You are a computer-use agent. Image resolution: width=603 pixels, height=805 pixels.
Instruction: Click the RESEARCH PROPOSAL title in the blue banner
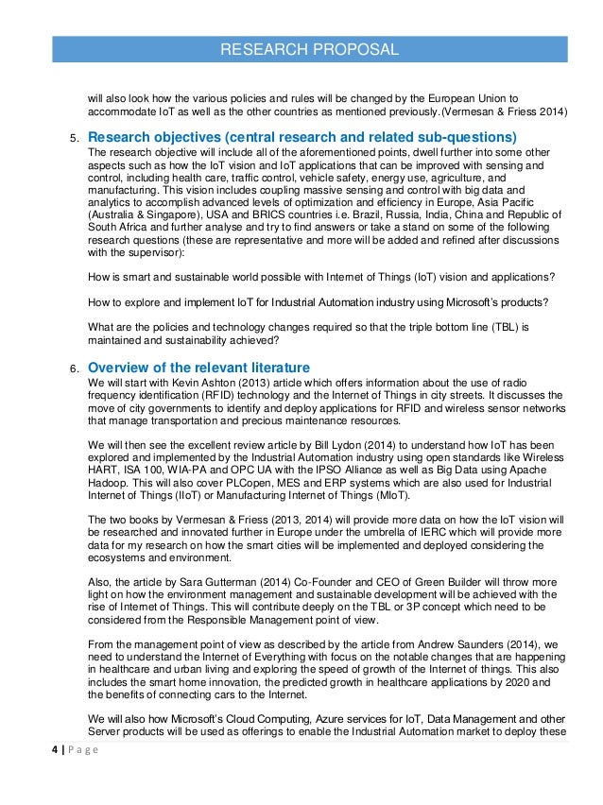click(x=308, y=49)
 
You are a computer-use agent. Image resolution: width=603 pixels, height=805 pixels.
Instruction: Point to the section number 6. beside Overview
click(x=71, y=368)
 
